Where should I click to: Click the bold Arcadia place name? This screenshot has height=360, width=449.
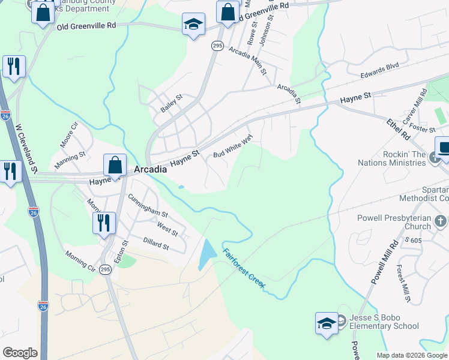coord(150,170)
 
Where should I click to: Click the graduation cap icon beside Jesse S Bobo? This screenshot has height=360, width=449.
coord(327,323)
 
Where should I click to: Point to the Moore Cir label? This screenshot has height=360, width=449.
coord(69,134)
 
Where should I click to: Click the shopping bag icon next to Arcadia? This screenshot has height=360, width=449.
coord(115,164)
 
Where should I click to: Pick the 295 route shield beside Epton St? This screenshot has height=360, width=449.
coord(105,269)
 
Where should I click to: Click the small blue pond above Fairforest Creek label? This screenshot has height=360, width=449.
coord(206,254)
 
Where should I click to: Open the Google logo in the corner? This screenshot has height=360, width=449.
coord(20,353)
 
